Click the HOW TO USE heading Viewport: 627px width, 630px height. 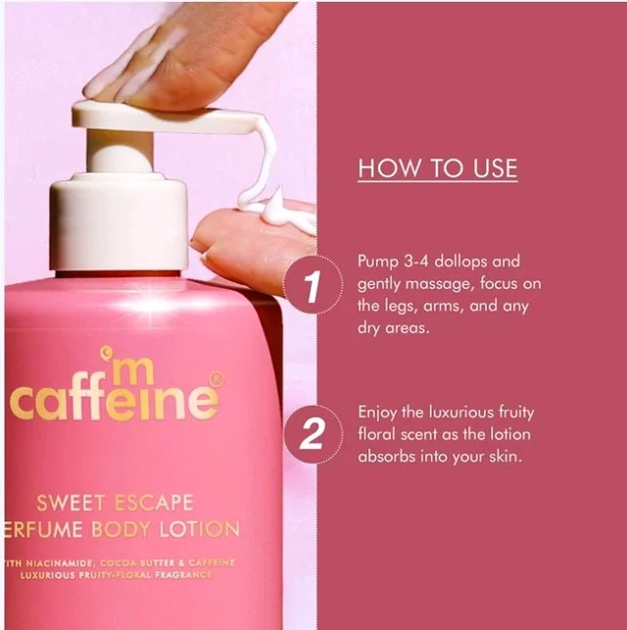click(x=437, y=168)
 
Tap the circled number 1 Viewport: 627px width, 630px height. click(x=313, y=284)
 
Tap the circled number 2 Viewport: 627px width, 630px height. click(x=313, y=434)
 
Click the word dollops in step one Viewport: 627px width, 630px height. click(x=461, y=262)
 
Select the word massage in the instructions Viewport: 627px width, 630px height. click(x=440, y=285)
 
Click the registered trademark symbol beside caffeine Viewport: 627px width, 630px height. click(x=217, y=379)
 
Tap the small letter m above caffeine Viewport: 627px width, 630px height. click(x=131, y=374)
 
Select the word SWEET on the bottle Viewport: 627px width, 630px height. click(x=71, y=503)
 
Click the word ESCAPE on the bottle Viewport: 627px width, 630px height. click(x=154, y=503)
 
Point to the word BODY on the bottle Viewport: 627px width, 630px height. click(x=121, y=529)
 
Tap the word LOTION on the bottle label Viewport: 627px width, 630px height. click(x=199, y=529)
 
